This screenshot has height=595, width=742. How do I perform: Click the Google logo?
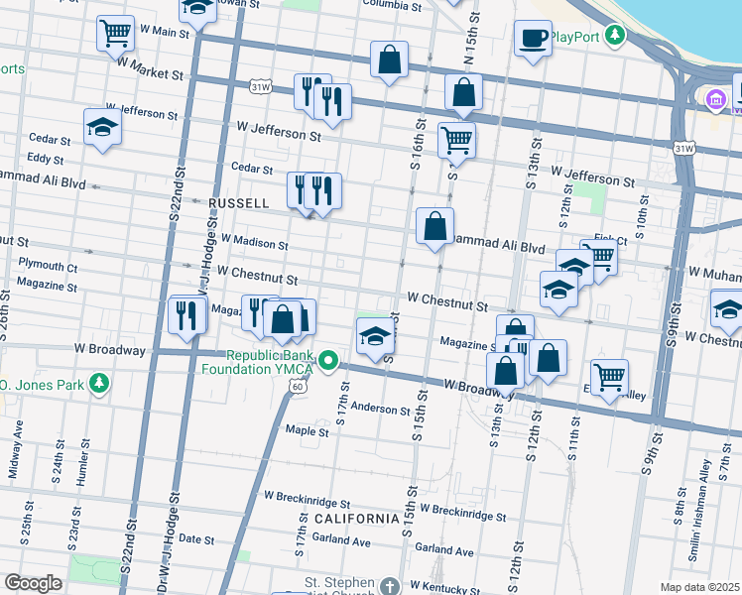[x=33, y=583]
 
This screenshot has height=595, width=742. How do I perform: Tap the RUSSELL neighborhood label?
[x=239, y=202]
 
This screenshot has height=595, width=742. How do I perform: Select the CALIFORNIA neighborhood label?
[x=357, y=519]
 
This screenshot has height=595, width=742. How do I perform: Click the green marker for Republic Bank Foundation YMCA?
[x=331, y=362]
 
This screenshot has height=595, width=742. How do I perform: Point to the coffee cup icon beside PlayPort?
[x=533, y=39]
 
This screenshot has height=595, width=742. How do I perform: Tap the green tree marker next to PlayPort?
[x=616, y=37]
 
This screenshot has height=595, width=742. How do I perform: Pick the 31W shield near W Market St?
[x=261, y=86]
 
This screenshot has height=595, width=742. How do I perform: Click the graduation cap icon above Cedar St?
[x=102, y=129]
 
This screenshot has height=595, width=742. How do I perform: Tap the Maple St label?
[x=307, y=431]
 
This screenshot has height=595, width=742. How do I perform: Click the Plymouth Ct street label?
[x=49, y=268]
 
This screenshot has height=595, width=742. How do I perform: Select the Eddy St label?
[x=46, y=158]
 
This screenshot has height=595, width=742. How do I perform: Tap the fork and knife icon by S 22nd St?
[x=187, y=314]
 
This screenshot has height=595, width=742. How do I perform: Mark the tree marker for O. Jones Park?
[x=98, y=383]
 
